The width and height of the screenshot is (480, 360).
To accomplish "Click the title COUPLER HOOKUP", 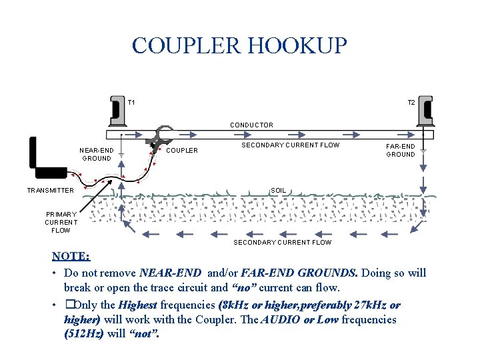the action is coord(239,45).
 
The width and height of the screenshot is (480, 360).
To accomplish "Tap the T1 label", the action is coord(131,102).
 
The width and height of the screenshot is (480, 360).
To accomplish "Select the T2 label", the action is coord(411,103).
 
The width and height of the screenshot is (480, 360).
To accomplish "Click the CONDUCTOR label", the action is coord(251,125).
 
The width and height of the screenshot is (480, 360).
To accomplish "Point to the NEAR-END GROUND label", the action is coord(97,154).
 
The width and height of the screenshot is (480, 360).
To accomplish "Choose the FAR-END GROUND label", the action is coord(401,150).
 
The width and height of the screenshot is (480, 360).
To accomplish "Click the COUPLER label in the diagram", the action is coord(181,151).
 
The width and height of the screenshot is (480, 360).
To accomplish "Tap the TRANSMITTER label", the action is coord(50,191).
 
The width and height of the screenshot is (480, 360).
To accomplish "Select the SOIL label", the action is coord(278,191).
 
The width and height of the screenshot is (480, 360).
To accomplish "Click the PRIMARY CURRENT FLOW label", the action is coord(61,222).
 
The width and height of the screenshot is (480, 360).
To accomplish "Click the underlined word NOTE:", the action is coord(71,257).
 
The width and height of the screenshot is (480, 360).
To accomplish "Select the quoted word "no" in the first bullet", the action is coord(245,288).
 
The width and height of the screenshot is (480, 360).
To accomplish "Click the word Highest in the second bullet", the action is coord(138,305).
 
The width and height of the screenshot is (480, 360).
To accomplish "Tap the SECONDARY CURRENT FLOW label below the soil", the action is coord(282,242).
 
